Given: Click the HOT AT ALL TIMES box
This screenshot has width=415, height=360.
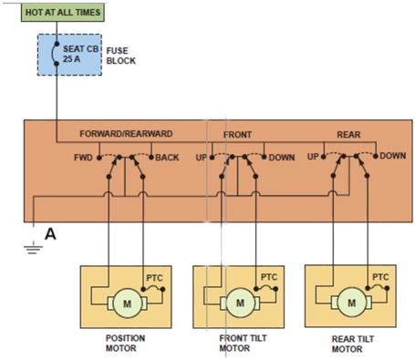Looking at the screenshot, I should coord(57,13).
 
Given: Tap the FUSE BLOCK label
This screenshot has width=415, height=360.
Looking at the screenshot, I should coord(122,56).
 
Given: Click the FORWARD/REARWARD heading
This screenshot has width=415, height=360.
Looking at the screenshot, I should coord(125,134).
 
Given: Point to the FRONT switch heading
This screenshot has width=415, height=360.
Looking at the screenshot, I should coord(238,134).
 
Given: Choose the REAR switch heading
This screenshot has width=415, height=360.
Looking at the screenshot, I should coord(348,134).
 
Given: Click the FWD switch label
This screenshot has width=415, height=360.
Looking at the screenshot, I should coord(83,158).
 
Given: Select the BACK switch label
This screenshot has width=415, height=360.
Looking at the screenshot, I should coord(167,158).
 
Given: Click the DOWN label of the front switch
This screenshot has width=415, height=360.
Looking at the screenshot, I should coord(282,158).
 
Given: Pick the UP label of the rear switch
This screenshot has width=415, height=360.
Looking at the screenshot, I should coord(313,157).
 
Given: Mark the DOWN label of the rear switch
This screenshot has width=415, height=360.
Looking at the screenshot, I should coord(393,156).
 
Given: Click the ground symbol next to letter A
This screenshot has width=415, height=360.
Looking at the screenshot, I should coord(33,245).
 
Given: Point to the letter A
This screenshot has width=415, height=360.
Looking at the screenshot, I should coord(51,235).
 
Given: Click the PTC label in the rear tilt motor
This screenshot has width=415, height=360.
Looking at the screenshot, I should coord(380,277).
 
